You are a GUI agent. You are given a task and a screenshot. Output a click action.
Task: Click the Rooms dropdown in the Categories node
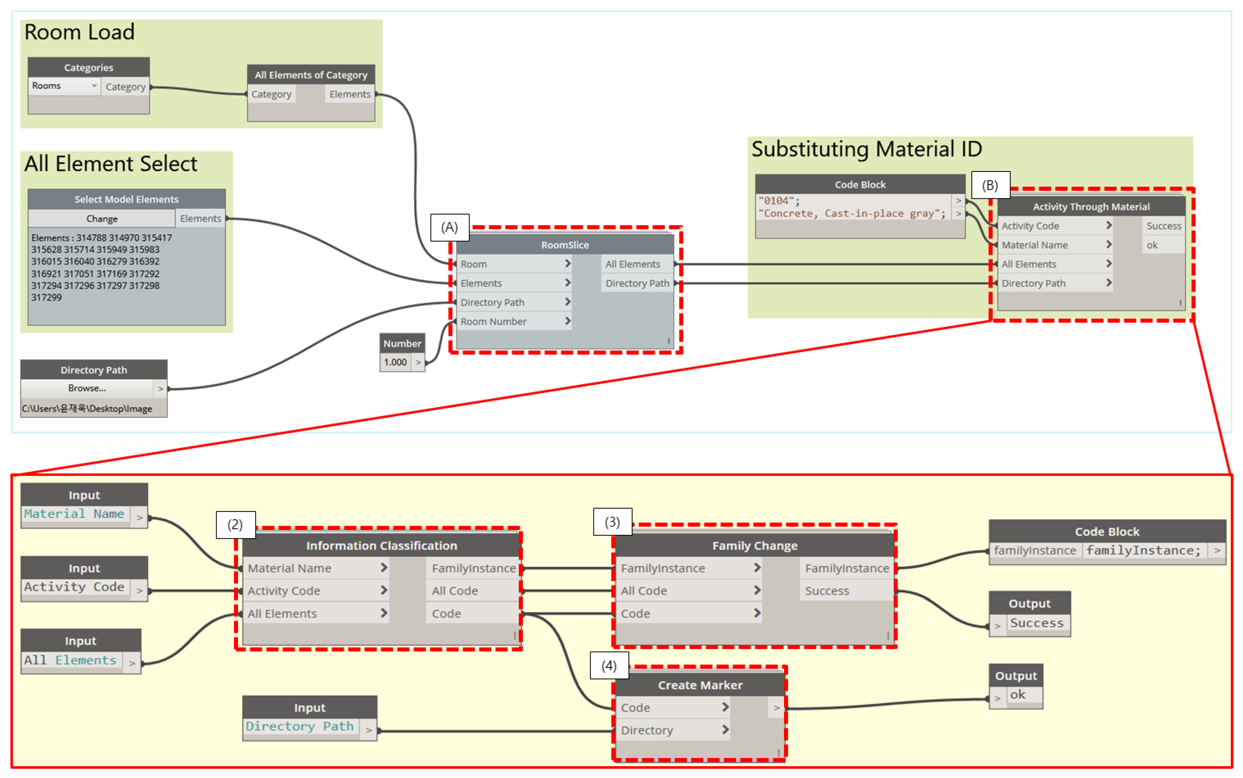pyautogui.click(x=64, y=86)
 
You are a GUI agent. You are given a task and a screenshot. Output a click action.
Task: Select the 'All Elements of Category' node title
pyautogui.click(x=311, y=75)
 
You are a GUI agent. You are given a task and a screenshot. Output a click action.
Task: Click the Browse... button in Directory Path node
pyautogui.click(x=87, y=389)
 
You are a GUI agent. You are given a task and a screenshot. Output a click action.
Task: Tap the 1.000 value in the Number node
pyautogui.click(x=395, y=362)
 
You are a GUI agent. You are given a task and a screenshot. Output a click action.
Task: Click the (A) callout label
pyautogui.click(x=449, y=227)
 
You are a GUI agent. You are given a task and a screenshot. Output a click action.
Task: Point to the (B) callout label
pyautogui.click(x=990, y=185)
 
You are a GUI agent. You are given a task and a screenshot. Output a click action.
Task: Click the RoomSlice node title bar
pyautogui.click(x=565, y=245)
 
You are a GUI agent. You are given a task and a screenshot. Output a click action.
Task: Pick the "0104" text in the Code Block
pyautogui.click(x=779, y=201)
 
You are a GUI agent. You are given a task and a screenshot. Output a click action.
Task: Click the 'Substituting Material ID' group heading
pyautogui.click(x=866, y=149)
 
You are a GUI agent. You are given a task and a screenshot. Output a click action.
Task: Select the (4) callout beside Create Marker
pyautogui.click(x=609, y=666)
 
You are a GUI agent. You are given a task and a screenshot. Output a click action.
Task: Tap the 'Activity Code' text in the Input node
pyautogui.click(x=74, y=587)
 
